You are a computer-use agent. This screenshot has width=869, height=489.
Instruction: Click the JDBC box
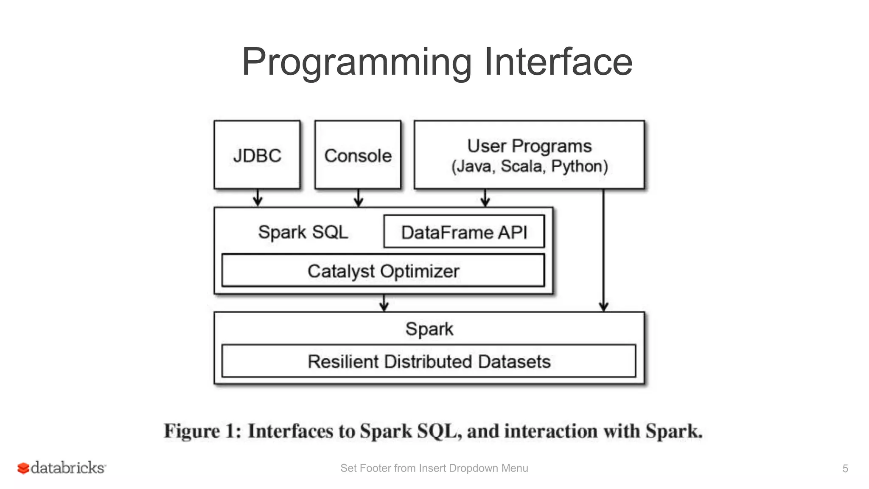[x=257, y=155]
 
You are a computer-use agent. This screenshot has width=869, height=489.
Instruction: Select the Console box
[x=358, y=155]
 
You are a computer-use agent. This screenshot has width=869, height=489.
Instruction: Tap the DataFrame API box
[x=464, y=232]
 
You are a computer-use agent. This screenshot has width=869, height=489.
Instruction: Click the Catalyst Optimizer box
[x=383, y=271]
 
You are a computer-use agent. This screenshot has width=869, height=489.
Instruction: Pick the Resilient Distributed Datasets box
[x=429, y=361]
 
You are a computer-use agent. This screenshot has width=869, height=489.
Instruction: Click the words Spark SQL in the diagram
[x=303, y=232]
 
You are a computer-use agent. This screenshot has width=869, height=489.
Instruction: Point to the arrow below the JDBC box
[x=258, y=198]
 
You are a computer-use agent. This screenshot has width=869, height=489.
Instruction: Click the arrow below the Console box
[x=359, y=198]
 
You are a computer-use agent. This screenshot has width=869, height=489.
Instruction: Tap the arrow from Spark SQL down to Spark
[x=384, y=303]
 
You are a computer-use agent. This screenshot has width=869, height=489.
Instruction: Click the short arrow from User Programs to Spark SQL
[x=485, y=198]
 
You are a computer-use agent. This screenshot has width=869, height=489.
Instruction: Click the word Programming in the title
[x=356, y=62]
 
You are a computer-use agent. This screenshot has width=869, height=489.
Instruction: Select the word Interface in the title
[x=558, y=62]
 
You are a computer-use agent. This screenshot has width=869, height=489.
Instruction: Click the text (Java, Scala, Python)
[x=530, y=166]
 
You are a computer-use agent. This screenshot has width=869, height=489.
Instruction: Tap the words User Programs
[x=530, y=146]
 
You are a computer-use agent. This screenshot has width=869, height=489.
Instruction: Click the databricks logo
[x=62, y=468]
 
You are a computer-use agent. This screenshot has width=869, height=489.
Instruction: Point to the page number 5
[x=845, y=468]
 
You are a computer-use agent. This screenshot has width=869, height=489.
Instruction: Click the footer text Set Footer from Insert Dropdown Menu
[x=434, y=468]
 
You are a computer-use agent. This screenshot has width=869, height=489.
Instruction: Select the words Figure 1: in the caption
[x=202, y=431]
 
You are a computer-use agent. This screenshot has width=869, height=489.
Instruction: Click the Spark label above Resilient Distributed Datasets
[x=429, y=329]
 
